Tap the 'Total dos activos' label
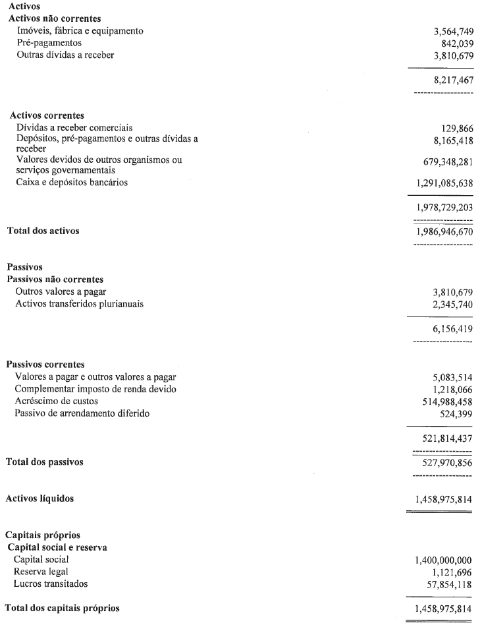(44, 231)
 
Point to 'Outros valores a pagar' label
(61, 291)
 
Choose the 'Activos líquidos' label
(40, 498)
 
